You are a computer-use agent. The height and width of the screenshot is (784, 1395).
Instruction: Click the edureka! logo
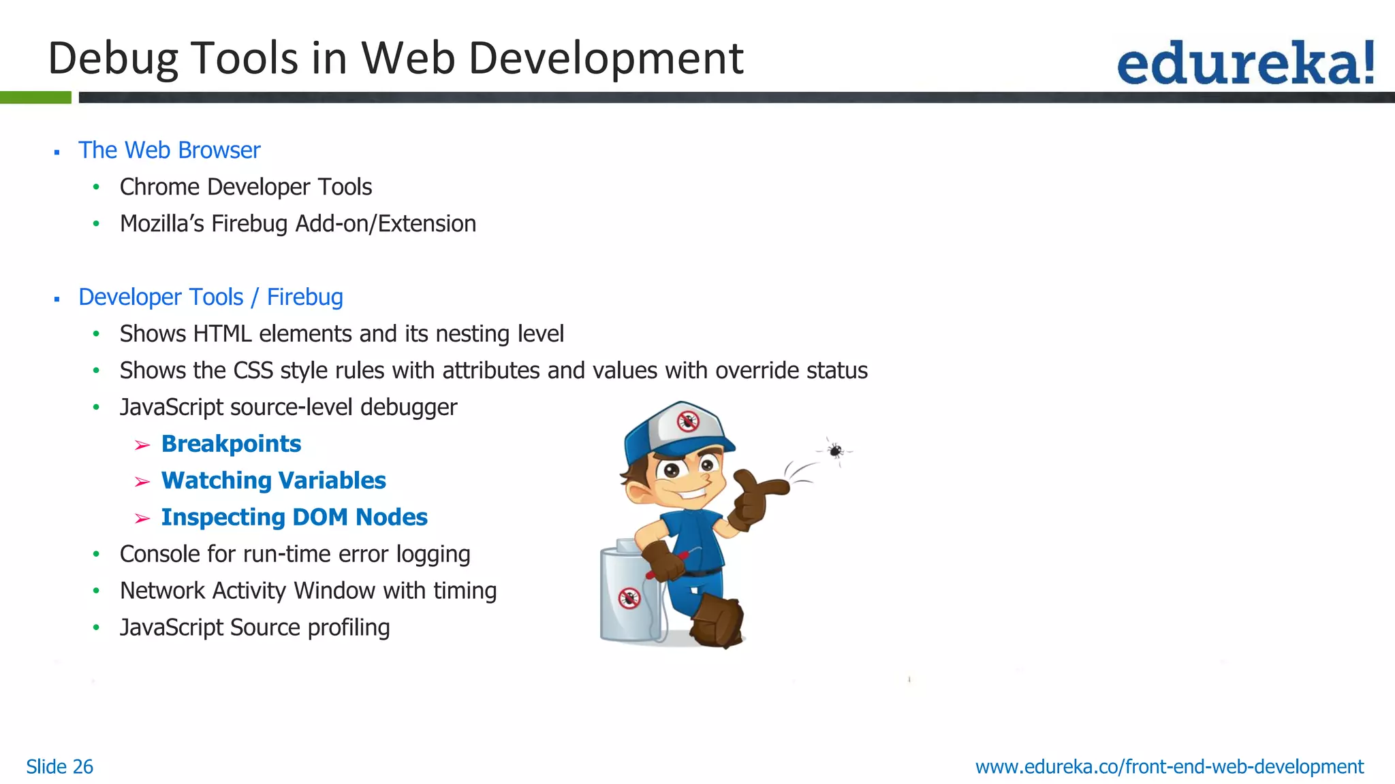point(1245,63)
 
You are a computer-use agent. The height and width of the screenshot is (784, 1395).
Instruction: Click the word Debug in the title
point(112,59)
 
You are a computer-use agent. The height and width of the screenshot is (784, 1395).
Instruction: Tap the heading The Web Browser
point(169,150)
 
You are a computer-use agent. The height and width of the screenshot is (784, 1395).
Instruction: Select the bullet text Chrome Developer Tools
point(245,186)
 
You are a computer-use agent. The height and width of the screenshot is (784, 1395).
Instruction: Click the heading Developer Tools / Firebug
point(210,297)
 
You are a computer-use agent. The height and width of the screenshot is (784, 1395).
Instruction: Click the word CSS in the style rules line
point(253,370)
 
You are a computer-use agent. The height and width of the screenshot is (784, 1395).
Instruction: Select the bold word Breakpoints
point(231,444)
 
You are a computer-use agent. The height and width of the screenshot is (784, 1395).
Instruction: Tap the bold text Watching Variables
point(273,480)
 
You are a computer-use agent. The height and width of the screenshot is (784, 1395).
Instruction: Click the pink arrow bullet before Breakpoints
point(142,445)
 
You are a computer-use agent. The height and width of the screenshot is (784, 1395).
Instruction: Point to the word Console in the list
point(159,554)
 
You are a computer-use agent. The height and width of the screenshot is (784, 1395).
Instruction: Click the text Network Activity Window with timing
point(308,591)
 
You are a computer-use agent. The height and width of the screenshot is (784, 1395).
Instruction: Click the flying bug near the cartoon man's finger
point(836,451)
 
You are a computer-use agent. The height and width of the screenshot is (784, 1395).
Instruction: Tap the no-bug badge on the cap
point(688,421)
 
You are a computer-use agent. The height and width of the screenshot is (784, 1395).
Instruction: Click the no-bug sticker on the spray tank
point(629,598)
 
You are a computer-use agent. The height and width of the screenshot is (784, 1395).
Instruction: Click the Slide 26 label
point(59,766)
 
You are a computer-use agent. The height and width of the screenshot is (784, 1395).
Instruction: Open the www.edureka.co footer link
point(1169,766)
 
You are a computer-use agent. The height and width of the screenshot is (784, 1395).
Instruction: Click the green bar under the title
point(35,97)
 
